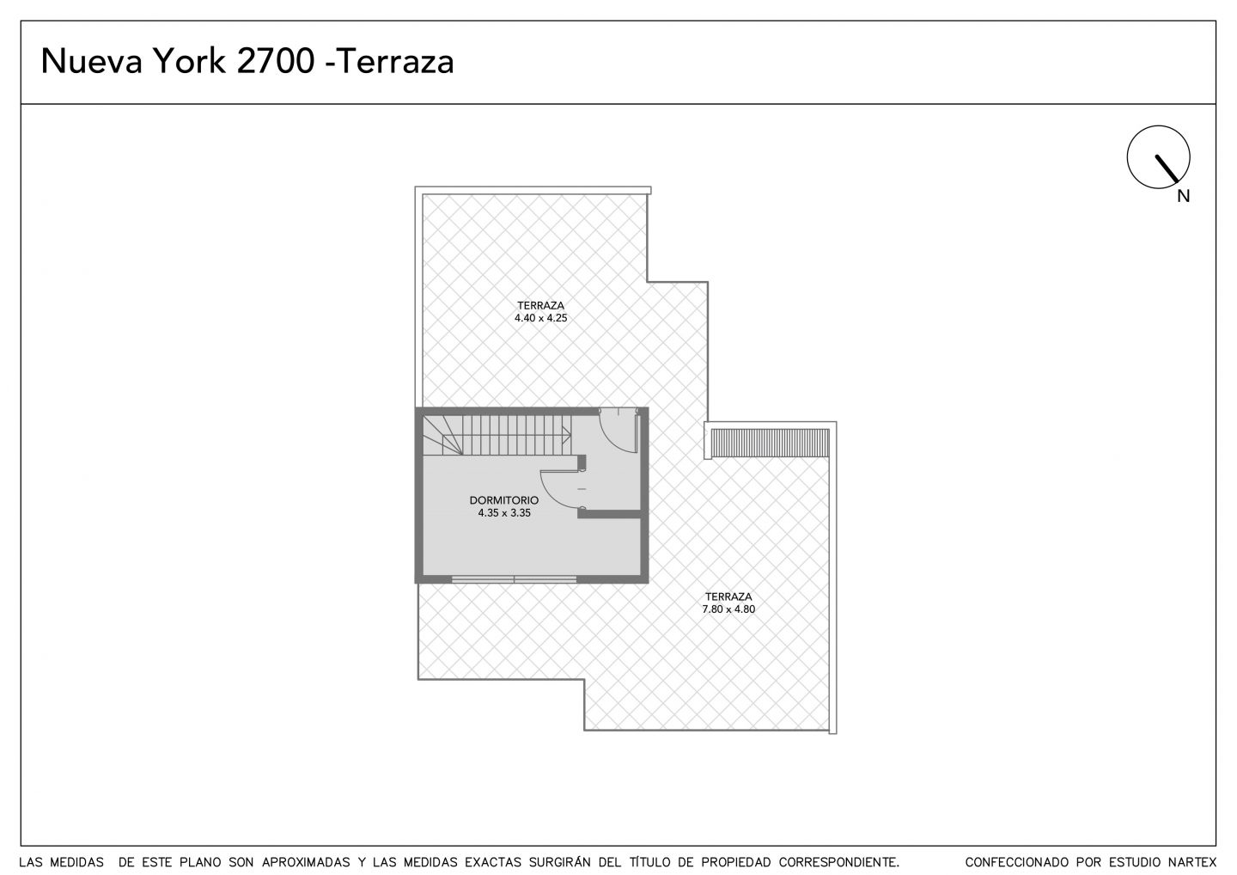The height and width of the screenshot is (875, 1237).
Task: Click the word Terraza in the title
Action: pos(395,61)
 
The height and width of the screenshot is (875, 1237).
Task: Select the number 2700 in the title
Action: pos(276,61)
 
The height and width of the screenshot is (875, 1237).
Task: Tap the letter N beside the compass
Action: pos(1183,196)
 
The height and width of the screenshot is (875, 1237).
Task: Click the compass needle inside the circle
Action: pos(1167,168)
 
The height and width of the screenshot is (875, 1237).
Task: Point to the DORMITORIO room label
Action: pos(503,500)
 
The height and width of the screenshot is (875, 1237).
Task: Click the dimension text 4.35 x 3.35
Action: pos(504,513)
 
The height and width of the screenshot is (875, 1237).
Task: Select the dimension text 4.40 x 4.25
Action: pos(540,318)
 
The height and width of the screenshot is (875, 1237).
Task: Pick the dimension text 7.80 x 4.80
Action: pos(728,609)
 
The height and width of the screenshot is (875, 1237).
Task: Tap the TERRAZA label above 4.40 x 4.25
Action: pos(540,305)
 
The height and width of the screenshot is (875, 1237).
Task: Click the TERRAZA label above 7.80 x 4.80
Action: pos(728,597)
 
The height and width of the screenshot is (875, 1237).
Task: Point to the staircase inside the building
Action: pos(497,435)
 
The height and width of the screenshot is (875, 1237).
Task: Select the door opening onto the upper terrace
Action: pos(618,430)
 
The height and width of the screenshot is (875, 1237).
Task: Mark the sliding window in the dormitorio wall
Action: pos(514,579)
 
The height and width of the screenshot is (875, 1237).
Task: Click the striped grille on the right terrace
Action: pos(770,443)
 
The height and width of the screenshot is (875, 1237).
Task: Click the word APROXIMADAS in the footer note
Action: pos(306,862)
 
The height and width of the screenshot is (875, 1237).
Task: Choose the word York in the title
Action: pos(189,61)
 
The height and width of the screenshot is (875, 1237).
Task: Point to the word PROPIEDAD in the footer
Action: pos(736,862)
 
